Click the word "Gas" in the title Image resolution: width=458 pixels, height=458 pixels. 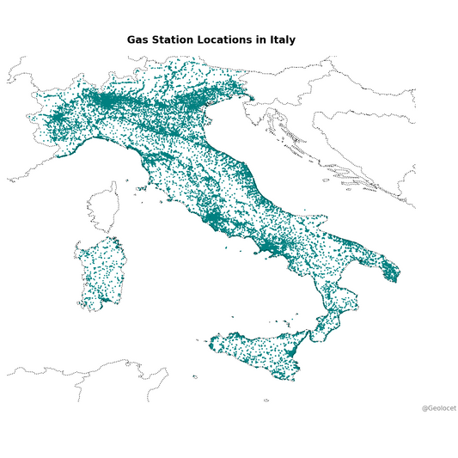pos(138,40)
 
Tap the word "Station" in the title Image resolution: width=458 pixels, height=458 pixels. pos(176,40)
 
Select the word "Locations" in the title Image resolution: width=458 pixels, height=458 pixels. pos(229,40)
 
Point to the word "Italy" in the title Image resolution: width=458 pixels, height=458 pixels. pos(282,40)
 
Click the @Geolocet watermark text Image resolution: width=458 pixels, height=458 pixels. pos(438,407)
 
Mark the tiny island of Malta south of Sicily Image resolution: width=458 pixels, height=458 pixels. pos(266,400)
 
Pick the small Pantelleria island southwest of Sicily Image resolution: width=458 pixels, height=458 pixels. pos(195,376)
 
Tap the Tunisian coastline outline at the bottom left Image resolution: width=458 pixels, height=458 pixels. pos(86,371)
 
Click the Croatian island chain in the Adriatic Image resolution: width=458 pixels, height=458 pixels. pos(296,142)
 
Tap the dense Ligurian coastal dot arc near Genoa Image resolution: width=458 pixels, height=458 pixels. pos(89,143)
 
